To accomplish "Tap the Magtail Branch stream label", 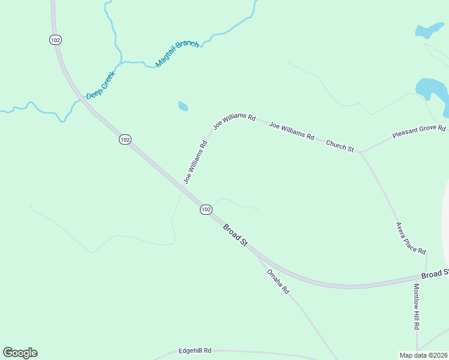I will (x=176, y=54).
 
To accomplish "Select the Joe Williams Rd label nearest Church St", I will (x=292, y=131).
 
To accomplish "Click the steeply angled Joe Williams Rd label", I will (x=196, y=161).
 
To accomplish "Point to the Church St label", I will (x=340, y=145).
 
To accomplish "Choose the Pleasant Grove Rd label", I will (x=419, y=132).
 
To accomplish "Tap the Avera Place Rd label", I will (x=411, y=238).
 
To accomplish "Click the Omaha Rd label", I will (x=278, y=281).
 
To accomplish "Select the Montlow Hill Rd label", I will (x=416, y=306).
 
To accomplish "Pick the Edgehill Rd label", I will (x=195, y=350).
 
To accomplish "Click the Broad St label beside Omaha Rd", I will (x=235, y=234).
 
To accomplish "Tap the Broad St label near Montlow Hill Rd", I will (x=434, y=274).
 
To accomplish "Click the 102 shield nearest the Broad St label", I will (x=206, y=209).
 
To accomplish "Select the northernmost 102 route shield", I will (x=56, y=40).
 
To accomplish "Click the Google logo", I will (x=20, y=353).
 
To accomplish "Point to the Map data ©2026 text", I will (x=423, y=355).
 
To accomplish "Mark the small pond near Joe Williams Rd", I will (x=183, y=106).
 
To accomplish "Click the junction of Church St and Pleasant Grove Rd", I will (x=361, y=152).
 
